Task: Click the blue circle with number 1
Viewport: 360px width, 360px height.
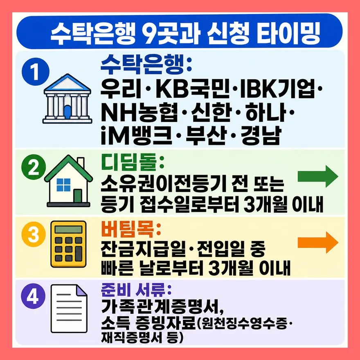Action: pos(36,72)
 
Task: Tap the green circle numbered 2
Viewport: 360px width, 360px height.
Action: pos(34,167)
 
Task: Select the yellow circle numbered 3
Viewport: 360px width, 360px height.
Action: pos(34,234)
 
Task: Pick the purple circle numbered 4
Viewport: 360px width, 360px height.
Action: pos(33,296)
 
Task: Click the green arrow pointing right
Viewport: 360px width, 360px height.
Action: pos(318,176)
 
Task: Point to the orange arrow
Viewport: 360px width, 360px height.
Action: pos(318,243)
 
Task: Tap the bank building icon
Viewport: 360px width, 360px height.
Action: pos(67,99)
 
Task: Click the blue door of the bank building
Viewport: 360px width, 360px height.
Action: pos(67,112)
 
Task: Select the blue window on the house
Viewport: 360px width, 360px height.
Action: pos(63,185)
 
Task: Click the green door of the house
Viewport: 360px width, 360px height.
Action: pos(78,196)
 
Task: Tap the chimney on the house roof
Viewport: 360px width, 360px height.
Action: pos(81,162)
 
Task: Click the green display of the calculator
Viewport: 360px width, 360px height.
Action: pos(68,229)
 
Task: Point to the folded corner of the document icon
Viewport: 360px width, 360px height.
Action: pos(81,290)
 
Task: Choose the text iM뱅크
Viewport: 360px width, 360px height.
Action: pos(136,135)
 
